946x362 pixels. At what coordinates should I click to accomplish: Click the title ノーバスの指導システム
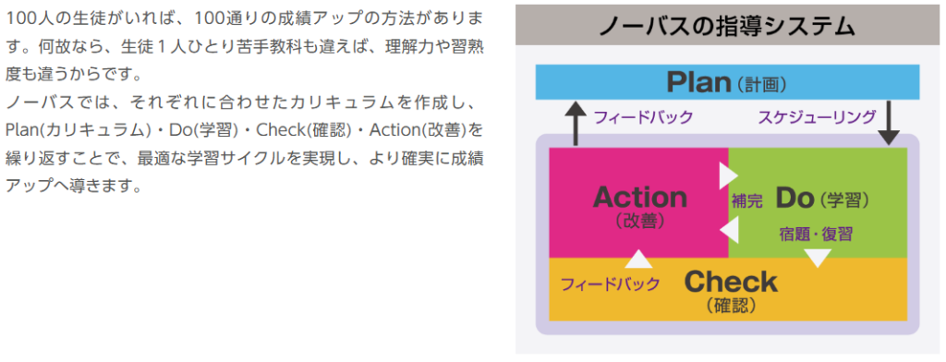pyautogui.click(x=727, y=24)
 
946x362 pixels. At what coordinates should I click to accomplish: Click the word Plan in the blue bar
pyautogui.click(x=698, y=82)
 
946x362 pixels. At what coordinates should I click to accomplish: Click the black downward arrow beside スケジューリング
pyautogui.click(x=889, y=122)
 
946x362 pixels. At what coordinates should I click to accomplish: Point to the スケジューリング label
pyautogui.click(x=817, y=117)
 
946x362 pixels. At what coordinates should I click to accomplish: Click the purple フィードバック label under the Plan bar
pyautogui.click(x=643, y=117)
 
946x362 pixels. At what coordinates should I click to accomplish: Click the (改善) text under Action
pyautogui.click(x=639, y=221)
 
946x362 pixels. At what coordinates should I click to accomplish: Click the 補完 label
pyautogui.click(x=746, y=200)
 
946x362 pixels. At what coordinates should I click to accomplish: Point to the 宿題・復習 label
pyautogui.click(x=815, y=234)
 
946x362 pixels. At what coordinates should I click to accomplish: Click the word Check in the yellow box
pyautogui.click(x=731, y=281)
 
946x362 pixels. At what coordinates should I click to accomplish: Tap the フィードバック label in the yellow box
pyautogui.click(x=610, y=284)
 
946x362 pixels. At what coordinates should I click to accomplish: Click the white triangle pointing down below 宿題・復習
pyautogui.click(x=818, y=258)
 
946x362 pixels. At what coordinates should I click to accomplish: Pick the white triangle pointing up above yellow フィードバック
pyautogui.click(x=638, y=257)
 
